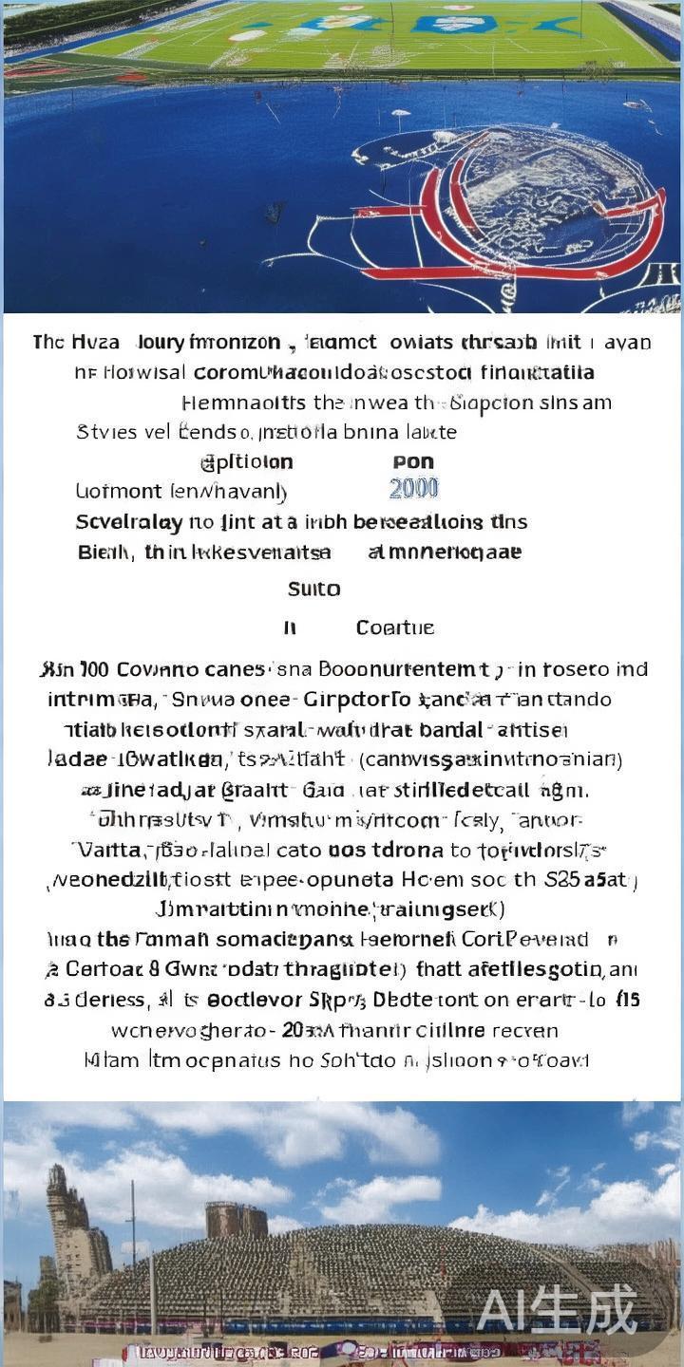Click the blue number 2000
point(413,488)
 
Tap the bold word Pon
point(413,462)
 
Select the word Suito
point(313,589)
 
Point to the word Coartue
point(395,627)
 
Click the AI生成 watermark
point(557,1310)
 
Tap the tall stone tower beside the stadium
point(67,1225)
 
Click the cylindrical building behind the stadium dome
point(237,1219)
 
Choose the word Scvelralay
point(129,522)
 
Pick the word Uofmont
point(118,492)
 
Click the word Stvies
point(105,432)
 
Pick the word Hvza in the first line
point(95,342)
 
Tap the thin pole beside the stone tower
point(132,1234)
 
